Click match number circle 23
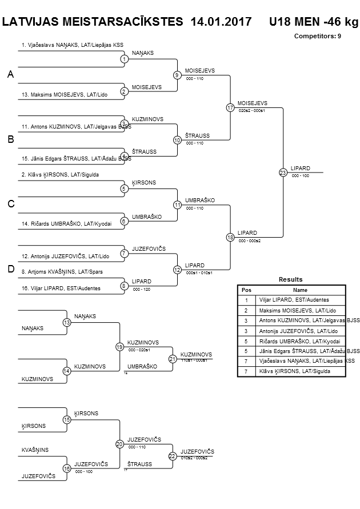pos(282,173)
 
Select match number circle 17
pos(230,107)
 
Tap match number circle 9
pos(177,75)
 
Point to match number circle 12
pos(177,270)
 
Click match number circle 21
pos(172,359)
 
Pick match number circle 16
pos(67,468)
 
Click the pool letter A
pos(10,75)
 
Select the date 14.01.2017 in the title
pos(222,22)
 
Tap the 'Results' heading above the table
pos(290,279)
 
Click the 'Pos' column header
pos(246,290)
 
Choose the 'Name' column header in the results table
pos(300,290)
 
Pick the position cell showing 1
pos(246,300)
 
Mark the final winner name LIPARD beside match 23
pos(300,168)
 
